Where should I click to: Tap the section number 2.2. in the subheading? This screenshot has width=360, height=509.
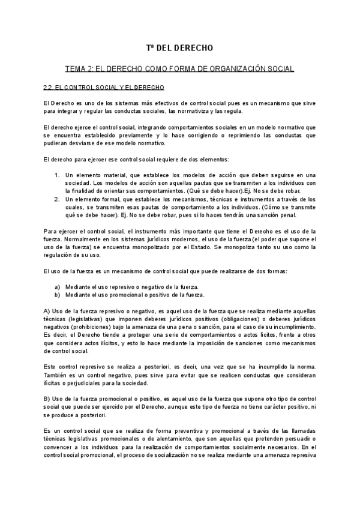click(x=51, y=87)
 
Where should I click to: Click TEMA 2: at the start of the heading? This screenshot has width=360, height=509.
click(x=79, y=69)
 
